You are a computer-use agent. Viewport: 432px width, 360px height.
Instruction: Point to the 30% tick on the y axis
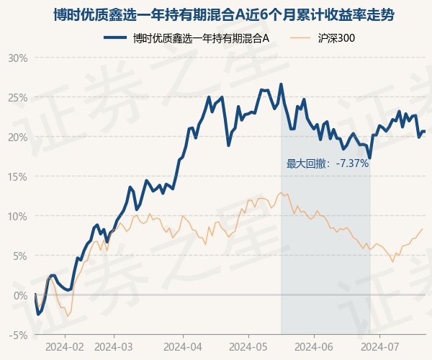pos(17,58)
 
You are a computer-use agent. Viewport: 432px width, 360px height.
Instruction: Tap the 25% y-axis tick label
pos(17,97)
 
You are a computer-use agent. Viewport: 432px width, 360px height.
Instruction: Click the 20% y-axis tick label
pos(17,137)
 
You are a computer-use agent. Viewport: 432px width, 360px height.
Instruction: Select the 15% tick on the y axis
pos(17,176)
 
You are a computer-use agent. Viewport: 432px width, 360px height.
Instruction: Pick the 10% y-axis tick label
pos(17,216)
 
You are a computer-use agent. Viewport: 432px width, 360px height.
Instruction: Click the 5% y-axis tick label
pos(19,256)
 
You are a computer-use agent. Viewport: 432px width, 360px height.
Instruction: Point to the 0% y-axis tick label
pos(19,295)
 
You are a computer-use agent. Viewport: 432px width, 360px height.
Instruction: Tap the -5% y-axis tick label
pos(18,335)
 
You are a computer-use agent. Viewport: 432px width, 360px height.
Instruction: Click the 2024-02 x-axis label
pos(65,346)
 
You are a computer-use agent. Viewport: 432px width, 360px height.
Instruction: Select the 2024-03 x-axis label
pos(114,346)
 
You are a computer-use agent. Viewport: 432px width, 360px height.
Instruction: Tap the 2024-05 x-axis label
pos(248,346)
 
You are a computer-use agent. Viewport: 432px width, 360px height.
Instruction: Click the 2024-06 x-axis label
pos(315,346)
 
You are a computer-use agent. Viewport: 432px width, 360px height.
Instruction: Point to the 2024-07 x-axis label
pos(381,346)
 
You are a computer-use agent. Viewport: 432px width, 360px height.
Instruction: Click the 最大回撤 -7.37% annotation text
pos(328,163)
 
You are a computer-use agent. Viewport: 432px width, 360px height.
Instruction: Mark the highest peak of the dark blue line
pos(281,84)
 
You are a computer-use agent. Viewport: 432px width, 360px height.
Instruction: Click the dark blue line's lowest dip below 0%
pos(38,314)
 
